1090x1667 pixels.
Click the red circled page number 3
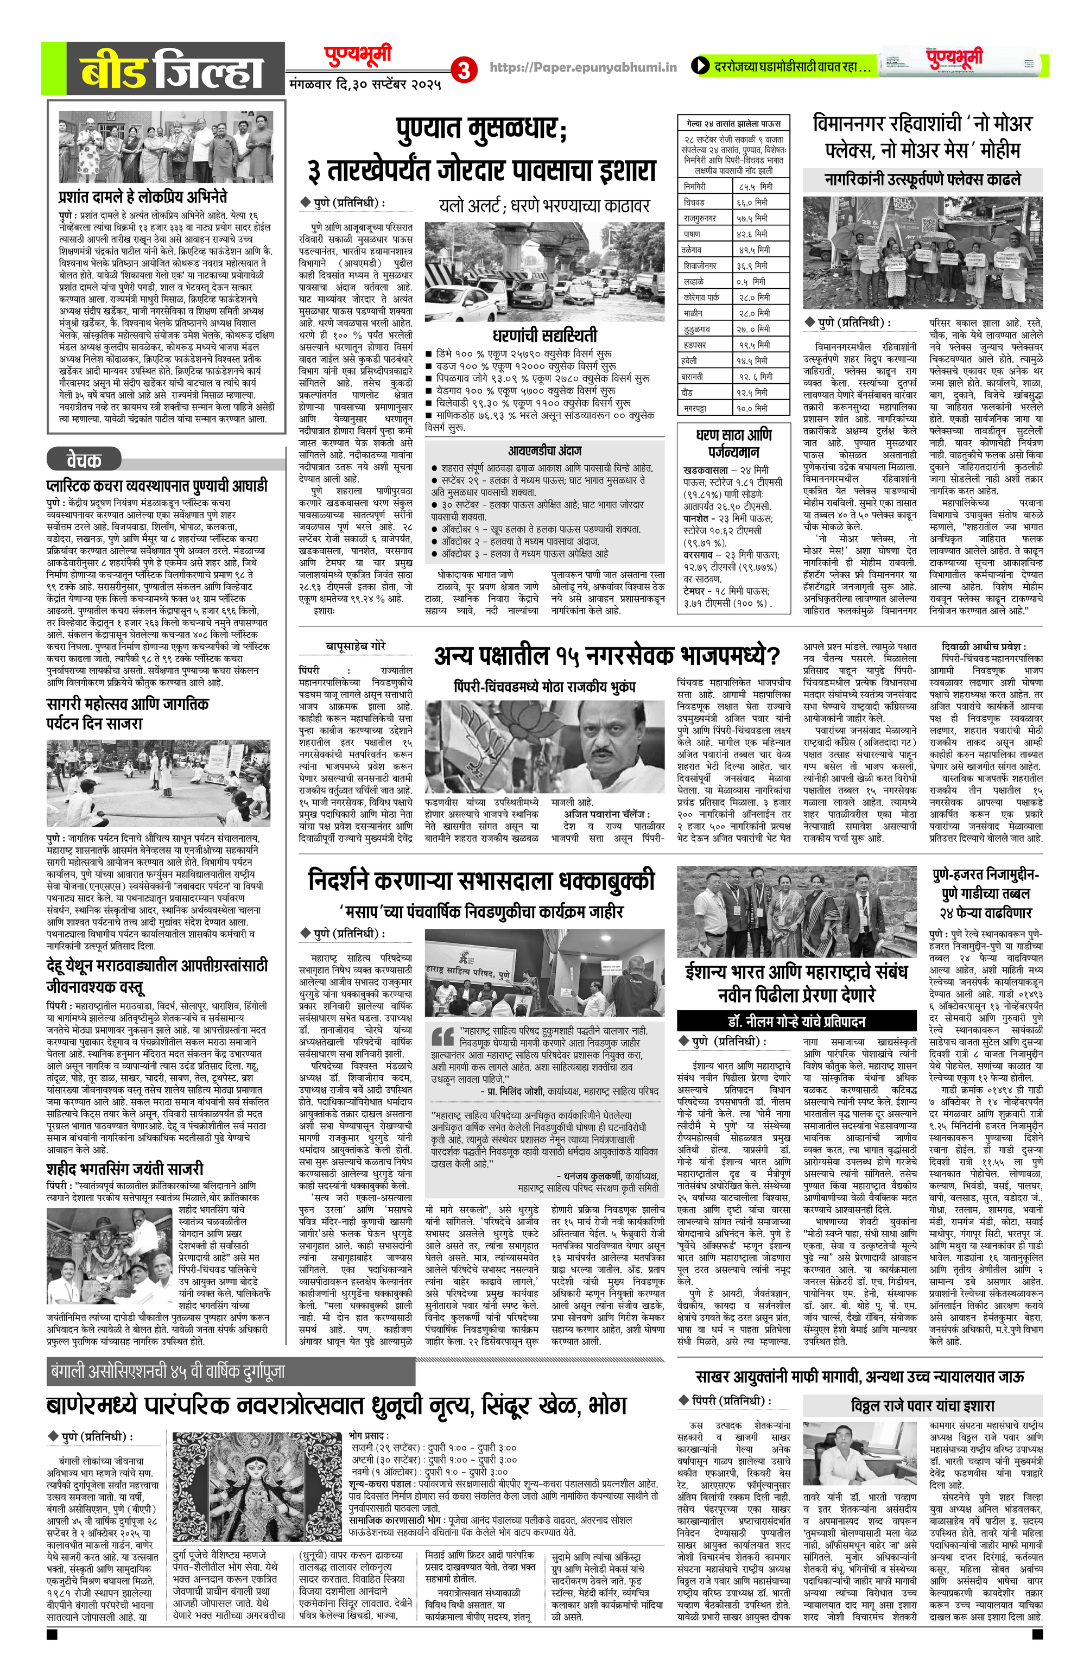click(463, 69)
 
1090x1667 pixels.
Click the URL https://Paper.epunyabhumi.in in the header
click(583, 67)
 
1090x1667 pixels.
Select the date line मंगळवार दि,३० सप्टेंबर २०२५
click(365, 85)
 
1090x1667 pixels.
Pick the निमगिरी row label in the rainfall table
click(695, 186)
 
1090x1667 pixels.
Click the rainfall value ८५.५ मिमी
click(755, 186)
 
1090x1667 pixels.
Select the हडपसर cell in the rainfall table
click(695, 345)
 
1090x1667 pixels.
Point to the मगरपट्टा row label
click(695, 408)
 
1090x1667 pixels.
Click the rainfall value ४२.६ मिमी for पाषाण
click(752, 234)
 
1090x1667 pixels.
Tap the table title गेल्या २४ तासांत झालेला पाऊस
click(733, 123)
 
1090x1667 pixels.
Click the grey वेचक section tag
click(84, 460)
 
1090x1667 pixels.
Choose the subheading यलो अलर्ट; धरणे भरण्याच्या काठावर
click(544, 206)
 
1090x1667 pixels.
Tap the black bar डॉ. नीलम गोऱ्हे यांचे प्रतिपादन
click(796, 1021)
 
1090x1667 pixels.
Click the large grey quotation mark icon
click(443, 1036)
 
